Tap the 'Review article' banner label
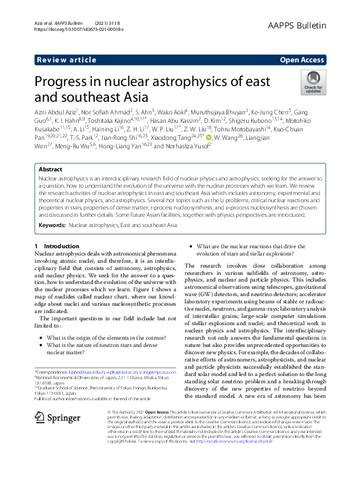pos(66,60)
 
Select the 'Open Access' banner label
pos(303,60)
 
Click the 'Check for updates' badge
pos(313,83)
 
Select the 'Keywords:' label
pos(52,225)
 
